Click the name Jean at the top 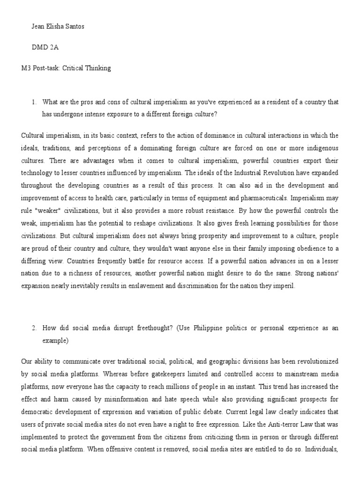coord(38,26)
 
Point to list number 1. coord(34,102)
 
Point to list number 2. coord(34,328)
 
